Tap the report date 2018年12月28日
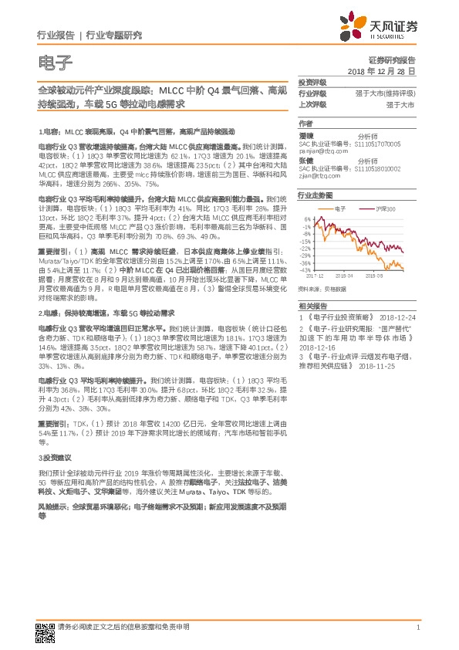coord(381,71)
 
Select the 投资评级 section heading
coord(312,82)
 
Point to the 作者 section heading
coord(305,124)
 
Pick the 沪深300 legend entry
coord(386,209)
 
